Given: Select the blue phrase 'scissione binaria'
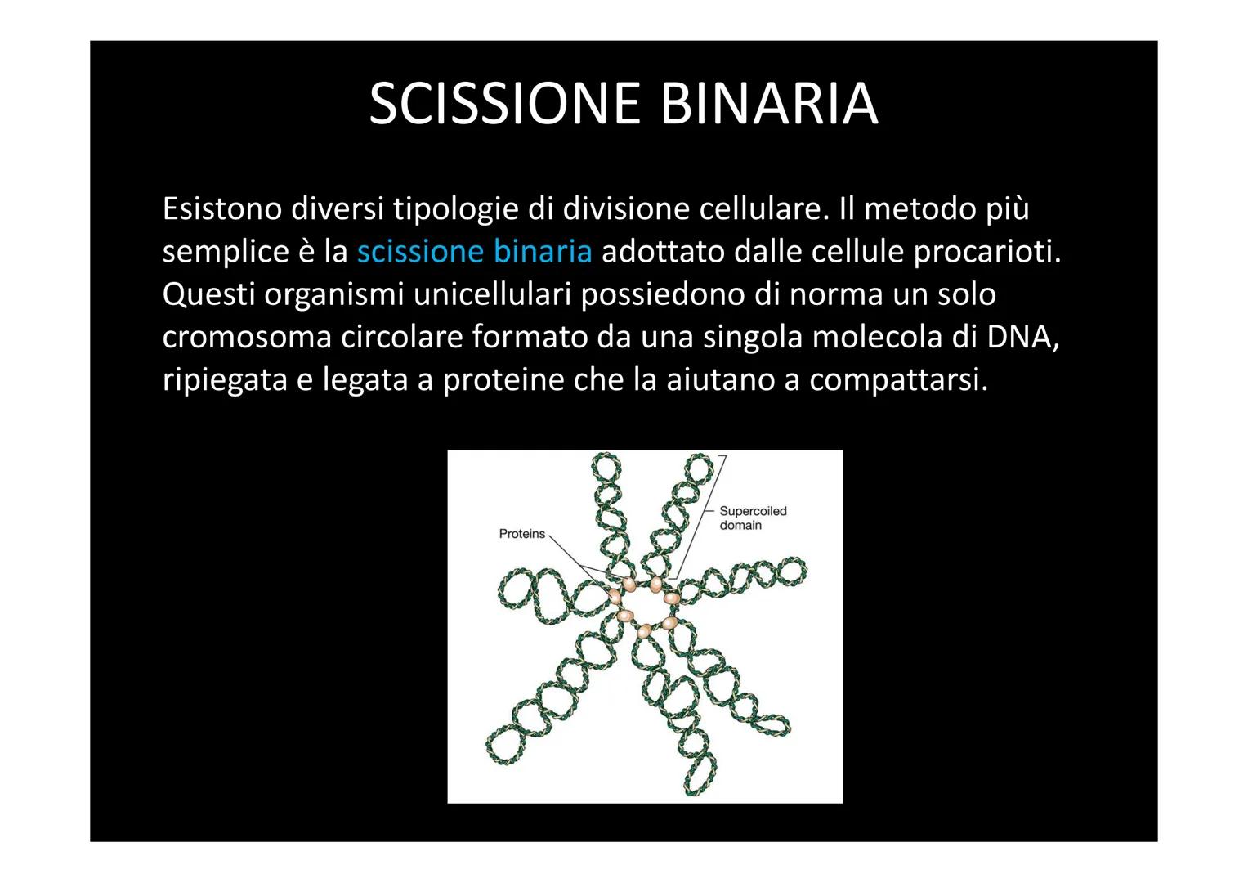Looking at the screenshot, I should pyautogui.click(x=474, y=252).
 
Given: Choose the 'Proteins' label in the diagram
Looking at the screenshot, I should pyautogui.click(x=521, y=534).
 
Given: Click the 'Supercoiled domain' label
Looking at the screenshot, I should pyautogui.click(x=752, y=518).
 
